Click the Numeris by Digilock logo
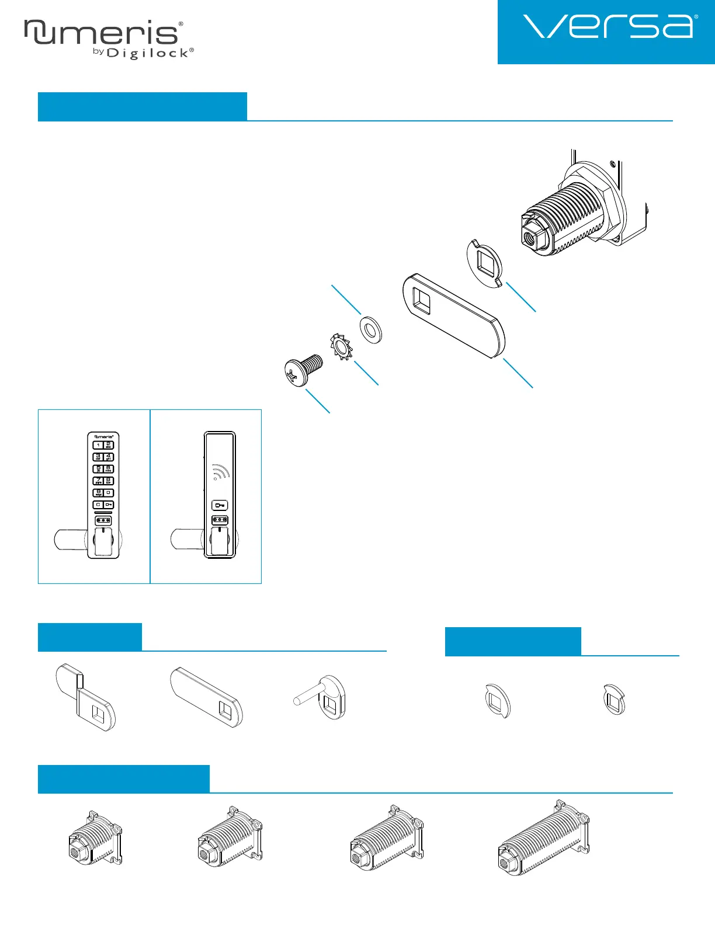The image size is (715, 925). pyautogui.click(x=108, y=39)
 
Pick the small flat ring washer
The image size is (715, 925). pyautogui.click(x=371, y=330)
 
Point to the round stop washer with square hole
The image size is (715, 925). pyautogui.click(x=485, y=262)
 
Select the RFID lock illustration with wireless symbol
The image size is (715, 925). pyautogui.click(x=219, y=495)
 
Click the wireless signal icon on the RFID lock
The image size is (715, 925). pyautogui.click(x=220, y=472)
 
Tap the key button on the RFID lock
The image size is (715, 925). pyautogui.click(x=220, y=506)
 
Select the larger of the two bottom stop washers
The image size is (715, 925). pyautogui.click(x=498, y=700)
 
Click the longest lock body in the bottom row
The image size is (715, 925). pyautogui.click(x=543, y=837)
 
